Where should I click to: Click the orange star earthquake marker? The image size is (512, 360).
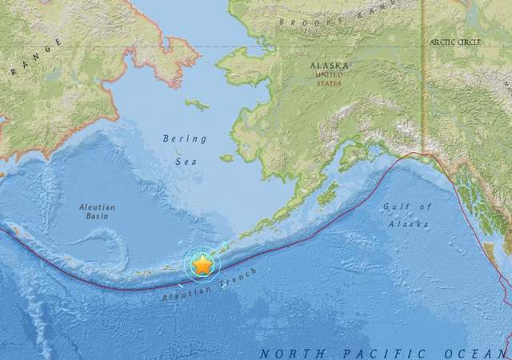202,264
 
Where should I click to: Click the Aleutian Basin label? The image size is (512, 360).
97,212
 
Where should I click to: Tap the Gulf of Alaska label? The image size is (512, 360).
406,214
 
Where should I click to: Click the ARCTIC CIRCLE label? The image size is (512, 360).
457,41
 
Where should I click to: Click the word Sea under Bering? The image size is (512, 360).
185,161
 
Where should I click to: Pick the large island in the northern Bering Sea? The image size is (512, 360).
197,104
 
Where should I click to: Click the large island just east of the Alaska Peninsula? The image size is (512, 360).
327,193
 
